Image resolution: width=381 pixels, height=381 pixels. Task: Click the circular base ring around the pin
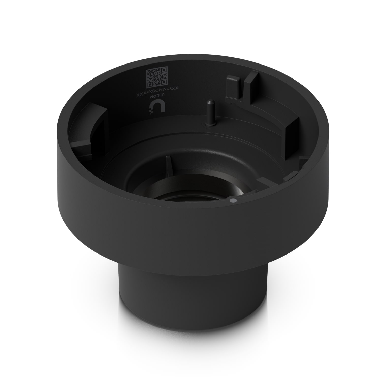[x=210, y=124]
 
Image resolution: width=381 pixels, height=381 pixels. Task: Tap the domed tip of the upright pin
[x=209, y=102]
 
